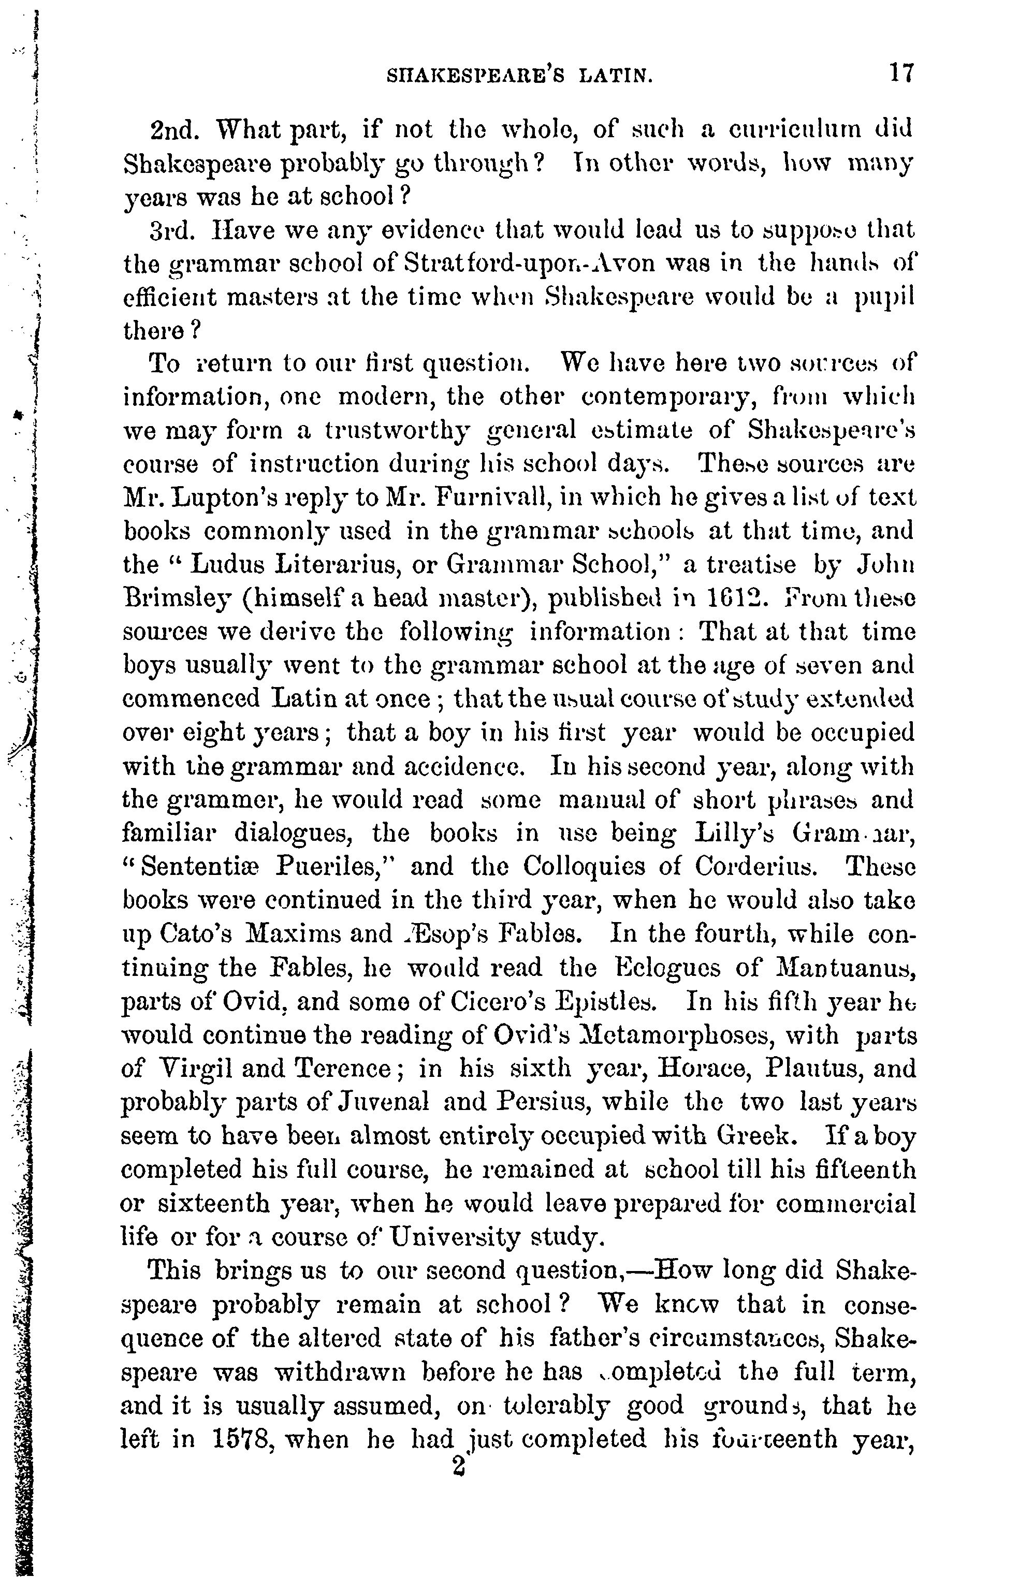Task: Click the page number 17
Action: tap(901, 73)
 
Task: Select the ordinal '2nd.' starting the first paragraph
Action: tap(174, 129)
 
